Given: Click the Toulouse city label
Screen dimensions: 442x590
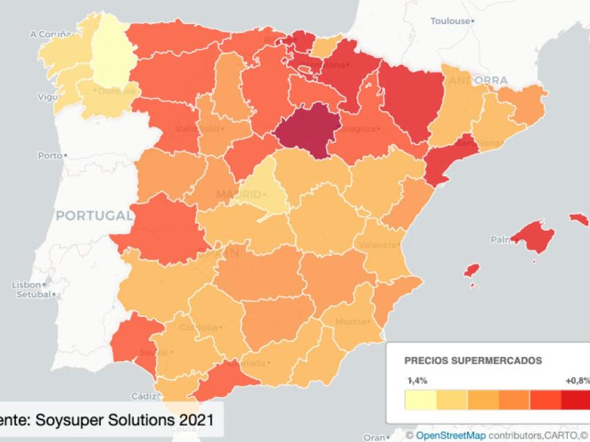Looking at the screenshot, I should click(x=450, y=21).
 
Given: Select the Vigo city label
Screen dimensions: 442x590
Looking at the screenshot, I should click(x=46, y=97).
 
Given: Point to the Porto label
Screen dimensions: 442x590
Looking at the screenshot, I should click(x=50, y=155).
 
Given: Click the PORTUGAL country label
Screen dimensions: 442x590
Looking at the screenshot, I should click(x=94, y=215).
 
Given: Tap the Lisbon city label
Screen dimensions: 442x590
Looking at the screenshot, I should click(x=26, y=285).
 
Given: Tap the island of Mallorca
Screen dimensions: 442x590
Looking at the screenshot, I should click(x=533, y=237).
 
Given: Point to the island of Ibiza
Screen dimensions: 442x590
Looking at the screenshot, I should click(x=472, y=270).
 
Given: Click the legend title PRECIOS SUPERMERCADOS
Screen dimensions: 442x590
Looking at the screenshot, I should click(x=473, y=361).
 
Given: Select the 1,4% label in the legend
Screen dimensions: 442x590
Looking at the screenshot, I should click(x=417, y=381).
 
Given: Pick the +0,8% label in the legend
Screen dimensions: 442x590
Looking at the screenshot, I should click(x=577, y=381).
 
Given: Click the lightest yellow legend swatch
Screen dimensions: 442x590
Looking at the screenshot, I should click(x=419, y=401).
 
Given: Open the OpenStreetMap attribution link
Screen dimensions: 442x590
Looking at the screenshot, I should click(x=450, y=436).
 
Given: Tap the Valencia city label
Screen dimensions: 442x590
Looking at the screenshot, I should click(x=376, y=245).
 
